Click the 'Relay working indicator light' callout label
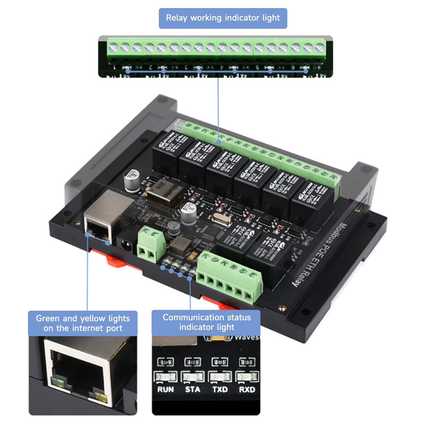coord(223,18)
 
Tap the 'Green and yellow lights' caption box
coord(83,323)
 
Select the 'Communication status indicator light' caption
coord(206,322)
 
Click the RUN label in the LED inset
coord(166,389)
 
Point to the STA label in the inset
coord(192,389)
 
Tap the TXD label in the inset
coord(220,389)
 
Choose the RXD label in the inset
coord(247,389)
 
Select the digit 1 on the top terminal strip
coord(115,67)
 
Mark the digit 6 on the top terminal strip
coord(293,67)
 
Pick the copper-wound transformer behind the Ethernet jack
coord(164,193)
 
